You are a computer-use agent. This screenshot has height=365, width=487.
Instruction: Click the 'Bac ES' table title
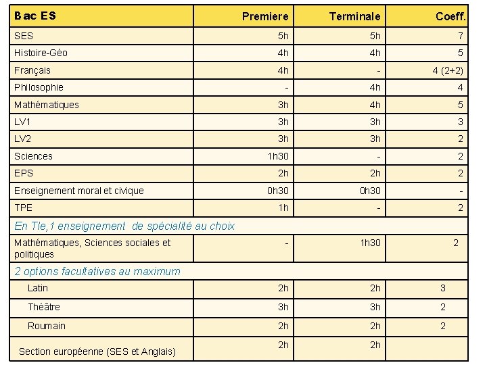[x=35, y=15]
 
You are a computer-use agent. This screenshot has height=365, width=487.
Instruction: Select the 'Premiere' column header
[x=265, y=16]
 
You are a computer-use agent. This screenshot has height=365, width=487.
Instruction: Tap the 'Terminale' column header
[x=354, y=16]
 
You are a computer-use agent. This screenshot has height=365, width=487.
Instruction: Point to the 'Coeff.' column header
[x=449, y=16]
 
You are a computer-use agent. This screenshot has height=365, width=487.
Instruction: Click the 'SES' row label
[x=24, y=35]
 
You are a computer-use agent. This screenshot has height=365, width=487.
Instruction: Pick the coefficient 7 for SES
[x=460, y=36]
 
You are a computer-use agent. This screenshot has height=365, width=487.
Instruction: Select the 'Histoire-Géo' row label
[x=41, y=53]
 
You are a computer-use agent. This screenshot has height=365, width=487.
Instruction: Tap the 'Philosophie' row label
[x=39, y=87]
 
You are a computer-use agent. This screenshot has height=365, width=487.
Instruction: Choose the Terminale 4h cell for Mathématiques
[x=375, y=105]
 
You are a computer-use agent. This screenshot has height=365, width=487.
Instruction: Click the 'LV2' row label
[x=23, y=139]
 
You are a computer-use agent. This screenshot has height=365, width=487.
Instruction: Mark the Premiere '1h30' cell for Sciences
[x=278, y=156]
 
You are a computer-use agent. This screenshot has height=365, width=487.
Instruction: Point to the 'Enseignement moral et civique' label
[x=78, y=191]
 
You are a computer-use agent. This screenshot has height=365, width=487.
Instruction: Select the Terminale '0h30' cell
[x=369, y=191]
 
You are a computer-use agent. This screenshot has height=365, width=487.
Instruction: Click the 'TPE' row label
[x=23, y=208]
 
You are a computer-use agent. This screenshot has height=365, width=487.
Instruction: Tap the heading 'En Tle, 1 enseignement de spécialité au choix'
[x=124, y=226]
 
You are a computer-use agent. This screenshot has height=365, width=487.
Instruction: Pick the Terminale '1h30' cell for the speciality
[x=369, y=243]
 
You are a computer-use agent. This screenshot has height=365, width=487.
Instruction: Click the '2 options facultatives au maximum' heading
[x=97, y=271]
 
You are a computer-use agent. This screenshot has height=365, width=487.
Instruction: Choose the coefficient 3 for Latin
[x=443, y=288]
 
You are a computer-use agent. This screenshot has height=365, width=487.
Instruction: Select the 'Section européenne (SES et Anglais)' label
[x=97, y=351]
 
